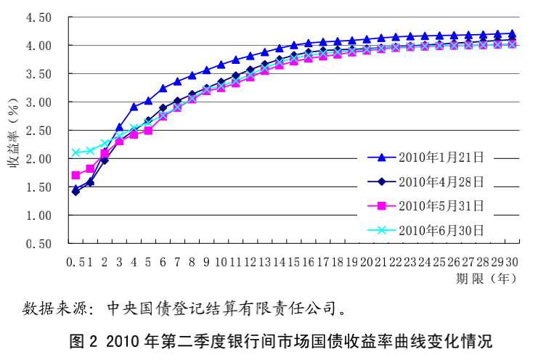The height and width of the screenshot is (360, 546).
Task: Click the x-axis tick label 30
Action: [x=511, y=261]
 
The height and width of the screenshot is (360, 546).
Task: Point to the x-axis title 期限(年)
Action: [x=485, y=278]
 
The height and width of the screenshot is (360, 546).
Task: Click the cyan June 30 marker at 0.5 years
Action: [x=76, y=152]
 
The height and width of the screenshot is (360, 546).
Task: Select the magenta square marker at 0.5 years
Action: [x=76, y=175]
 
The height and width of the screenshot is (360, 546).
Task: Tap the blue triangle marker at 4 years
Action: [x=134, y=107]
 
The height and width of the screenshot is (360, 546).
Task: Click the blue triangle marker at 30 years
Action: [x=512, y=33]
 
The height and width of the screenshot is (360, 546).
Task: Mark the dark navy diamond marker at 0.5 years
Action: [x=76, y=192]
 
